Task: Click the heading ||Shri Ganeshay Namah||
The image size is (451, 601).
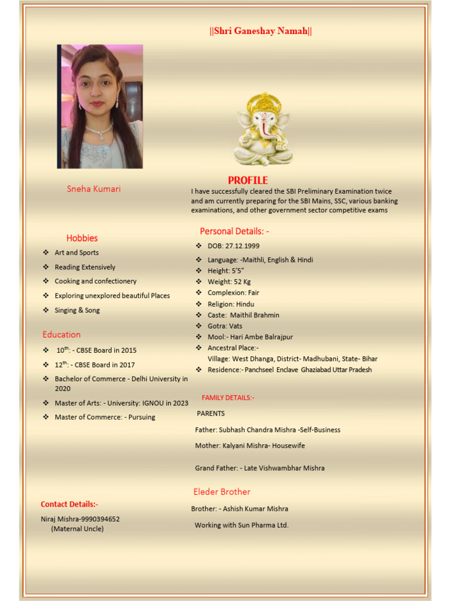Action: coord(261,31)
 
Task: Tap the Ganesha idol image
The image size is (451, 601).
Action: coord(263,129)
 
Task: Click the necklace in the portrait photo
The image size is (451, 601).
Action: coord(99,130)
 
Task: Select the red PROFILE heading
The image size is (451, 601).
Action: coord(248,180)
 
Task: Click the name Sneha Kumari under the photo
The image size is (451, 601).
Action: coord(94,189)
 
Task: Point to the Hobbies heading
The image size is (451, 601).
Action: coord(82,238)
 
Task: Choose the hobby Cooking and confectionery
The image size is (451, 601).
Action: coord(95,281)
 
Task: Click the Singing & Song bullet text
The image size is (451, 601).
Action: coord(77,310)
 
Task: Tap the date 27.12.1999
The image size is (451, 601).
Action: coord(242,246)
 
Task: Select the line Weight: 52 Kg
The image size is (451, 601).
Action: coord(229,282)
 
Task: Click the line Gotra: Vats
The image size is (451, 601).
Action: coord(225,326)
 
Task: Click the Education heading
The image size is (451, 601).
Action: coord(62,335)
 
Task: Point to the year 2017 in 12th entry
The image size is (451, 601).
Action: coord(127,364)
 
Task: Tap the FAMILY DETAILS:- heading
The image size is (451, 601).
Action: coord(228,397)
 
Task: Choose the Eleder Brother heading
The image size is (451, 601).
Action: coord(222,492)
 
